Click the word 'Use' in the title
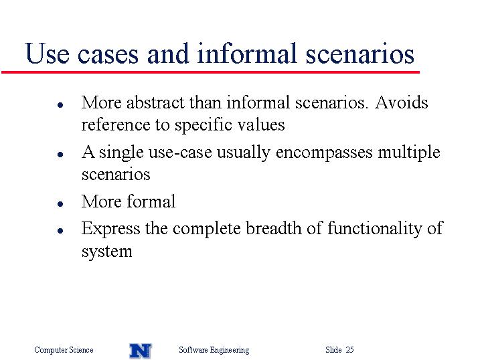point(47,54)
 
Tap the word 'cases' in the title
point(108,55)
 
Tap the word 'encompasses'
point(324,153)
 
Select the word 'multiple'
point(409,152)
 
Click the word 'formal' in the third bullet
point(151,201)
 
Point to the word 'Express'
point(110,229)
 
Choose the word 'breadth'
point(273,228)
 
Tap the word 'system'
point(107,252)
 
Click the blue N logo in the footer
point(141,351)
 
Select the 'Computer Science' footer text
point(64,349)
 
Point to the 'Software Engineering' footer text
point(214,350)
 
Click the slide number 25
point(350,349)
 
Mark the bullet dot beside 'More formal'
point(60,204)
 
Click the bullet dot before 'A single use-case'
point(60,155)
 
